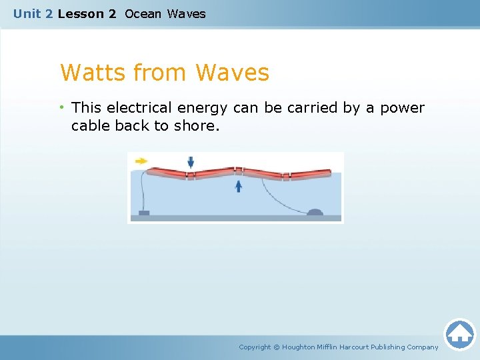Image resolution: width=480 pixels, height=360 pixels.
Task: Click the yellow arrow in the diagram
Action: pos(141,161)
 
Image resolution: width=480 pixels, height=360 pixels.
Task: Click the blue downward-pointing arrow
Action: pos(191,162)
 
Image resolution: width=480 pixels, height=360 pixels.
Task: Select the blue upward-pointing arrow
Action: pos(239,186)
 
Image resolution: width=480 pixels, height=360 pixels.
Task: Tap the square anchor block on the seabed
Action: pos(143,213)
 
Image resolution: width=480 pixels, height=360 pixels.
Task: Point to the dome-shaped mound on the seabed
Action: pos(315,212)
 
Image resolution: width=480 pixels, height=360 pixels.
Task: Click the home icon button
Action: pos(459,333)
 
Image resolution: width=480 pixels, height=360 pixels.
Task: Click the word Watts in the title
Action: pos(93,72)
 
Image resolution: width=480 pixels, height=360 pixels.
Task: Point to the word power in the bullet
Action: pos(402,108)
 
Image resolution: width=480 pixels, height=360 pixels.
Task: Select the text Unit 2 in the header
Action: pos(33,13)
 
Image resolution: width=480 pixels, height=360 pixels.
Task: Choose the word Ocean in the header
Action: pos(143,13)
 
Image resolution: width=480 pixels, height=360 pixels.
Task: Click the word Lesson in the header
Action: pos(81,13)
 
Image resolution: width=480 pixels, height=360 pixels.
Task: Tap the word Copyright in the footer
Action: pos(255,347)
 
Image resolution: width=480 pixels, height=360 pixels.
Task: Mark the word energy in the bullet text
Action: pos(202,108)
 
